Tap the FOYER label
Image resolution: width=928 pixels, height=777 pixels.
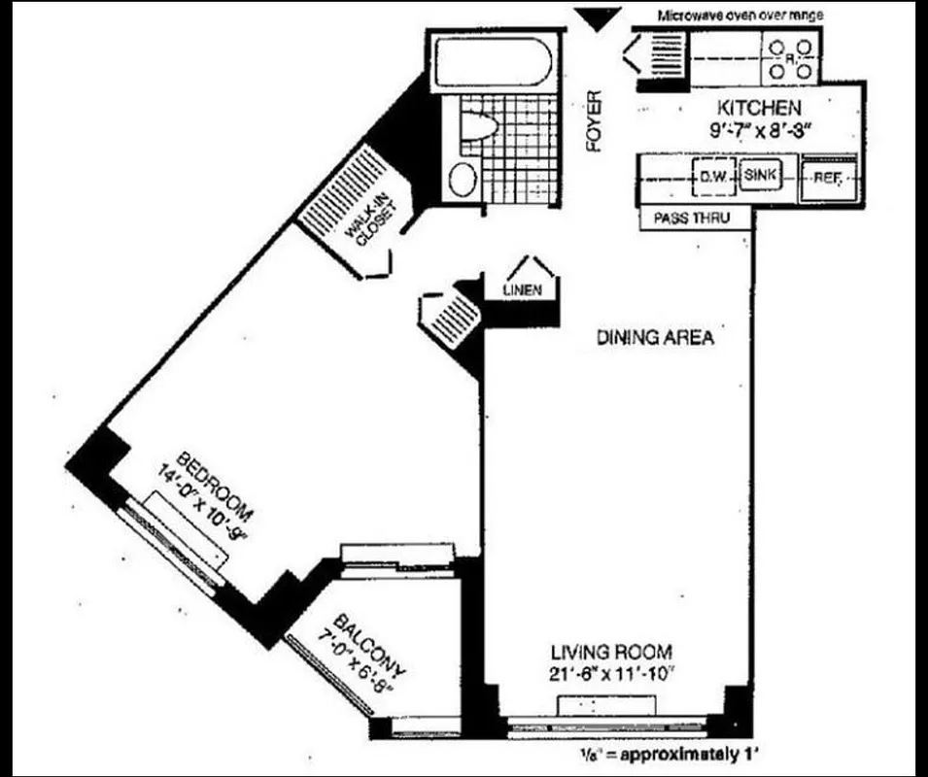pyautogui.click(x=595, y=121)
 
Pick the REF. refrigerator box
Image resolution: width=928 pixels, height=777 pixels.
pyautogui.click(x=827, y=179)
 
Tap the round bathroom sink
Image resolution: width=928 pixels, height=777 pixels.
pyautogui.click(x=464, y=180)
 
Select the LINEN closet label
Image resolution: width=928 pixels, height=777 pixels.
pyautogui.click(x=523, y=290)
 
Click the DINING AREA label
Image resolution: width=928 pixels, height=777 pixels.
pyautogui.click(x=655, y=338)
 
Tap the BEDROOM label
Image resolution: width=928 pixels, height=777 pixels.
pyautogui.click(x=215, y=482)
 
